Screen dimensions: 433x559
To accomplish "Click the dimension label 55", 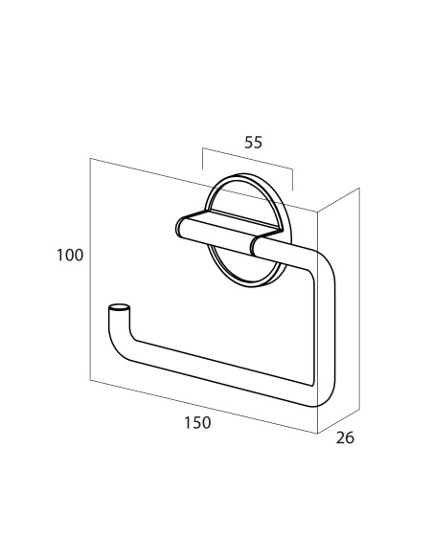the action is click(253, 143).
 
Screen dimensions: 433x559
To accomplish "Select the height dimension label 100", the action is click(70, 256).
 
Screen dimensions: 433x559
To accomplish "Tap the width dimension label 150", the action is click(197, 423).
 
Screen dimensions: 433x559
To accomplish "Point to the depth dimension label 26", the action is click(345, 437).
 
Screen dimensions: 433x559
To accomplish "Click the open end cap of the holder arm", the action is click(119, 307).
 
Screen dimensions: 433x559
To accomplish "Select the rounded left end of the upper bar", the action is click(180, 227).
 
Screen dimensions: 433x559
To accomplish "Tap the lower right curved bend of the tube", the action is click(324, 395).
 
